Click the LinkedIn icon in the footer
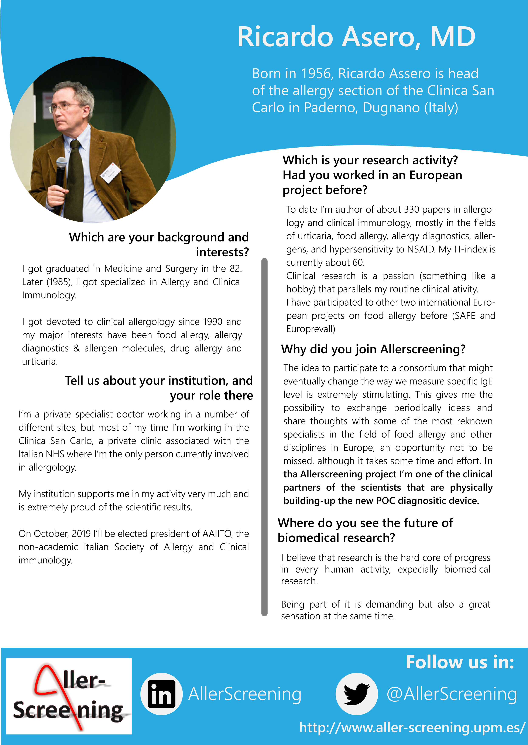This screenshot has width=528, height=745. coord(162,694)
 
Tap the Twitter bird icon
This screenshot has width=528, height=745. coord(357,694)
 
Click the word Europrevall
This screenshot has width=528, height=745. coord(311,329)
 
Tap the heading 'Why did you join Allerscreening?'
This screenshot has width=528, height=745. coord(373,349)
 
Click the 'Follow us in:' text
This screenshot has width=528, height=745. coord(460,662)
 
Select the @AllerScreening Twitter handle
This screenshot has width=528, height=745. coord(452,694)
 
